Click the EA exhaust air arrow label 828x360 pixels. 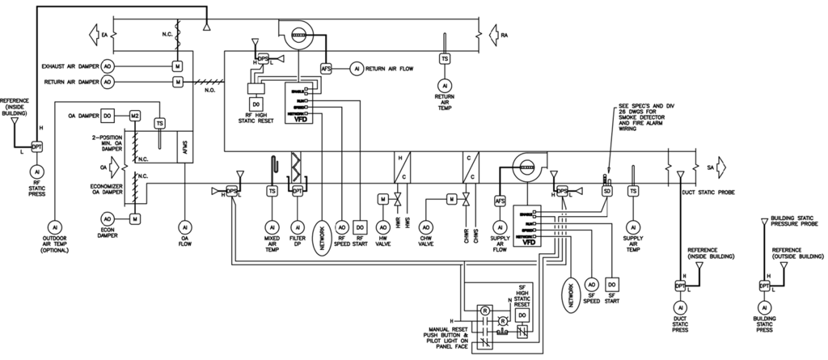pos(103,35)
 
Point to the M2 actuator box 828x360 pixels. pos(135,116)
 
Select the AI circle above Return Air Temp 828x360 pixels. pos(444,85)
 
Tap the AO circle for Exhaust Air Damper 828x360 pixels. pos(108,65)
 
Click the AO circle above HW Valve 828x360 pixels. pos(383,227)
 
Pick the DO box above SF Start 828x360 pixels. pos(612,284)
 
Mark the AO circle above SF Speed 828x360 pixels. pos(592,284)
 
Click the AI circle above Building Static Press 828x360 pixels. pos(763,309)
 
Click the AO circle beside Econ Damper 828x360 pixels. pos(108,219)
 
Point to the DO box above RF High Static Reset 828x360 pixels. pos(256,104)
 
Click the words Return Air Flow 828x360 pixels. pos(391,70)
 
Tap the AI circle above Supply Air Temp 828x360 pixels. pos(633,227)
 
